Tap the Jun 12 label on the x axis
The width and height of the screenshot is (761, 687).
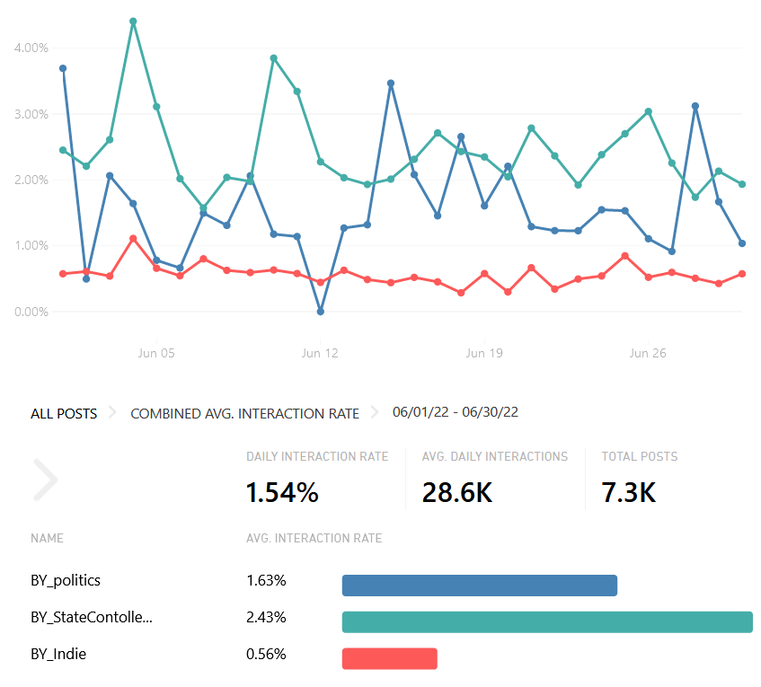coord(320,354)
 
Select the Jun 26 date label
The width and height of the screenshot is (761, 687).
coord(648,354)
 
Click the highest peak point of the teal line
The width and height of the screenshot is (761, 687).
coord(133,21)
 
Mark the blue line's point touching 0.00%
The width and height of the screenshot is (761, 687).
coord(321,312)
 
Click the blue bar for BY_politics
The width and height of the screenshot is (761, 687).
coord(479,586)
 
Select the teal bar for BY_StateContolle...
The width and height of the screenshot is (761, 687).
coord(546,622)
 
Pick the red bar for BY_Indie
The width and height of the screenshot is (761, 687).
coord(389,658)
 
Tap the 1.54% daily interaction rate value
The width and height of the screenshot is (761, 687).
coord(282,492)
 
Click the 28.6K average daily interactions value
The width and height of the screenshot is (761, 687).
coord(456,492)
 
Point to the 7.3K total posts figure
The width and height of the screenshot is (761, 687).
coord(628,492)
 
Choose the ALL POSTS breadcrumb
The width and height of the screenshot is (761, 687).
coord(64,414)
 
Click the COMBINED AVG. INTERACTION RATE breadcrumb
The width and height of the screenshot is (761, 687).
coord(244,414)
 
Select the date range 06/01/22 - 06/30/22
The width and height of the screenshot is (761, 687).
coord(455,412)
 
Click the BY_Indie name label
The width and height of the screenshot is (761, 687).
coord(58,655)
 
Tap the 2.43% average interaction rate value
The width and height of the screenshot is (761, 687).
coord(266,618)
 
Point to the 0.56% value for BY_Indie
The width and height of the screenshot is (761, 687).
coord(266,655)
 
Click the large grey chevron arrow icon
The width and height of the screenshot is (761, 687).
coord(45,480)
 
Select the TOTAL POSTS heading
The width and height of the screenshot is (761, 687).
coord(640,456)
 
